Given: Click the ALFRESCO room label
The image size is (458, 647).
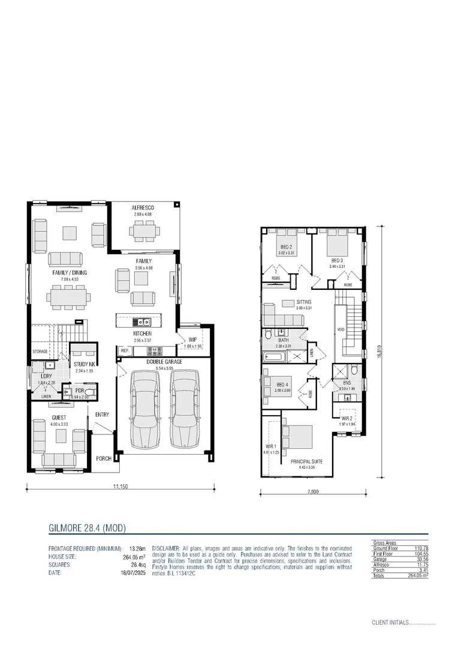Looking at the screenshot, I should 143,208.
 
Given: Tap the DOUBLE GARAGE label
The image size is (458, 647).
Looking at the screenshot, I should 164,362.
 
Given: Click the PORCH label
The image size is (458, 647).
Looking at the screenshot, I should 104,458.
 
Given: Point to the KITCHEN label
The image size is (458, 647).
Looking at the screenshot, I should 142,334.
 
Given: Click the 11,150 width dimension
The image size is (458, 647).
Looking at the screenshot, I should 120,486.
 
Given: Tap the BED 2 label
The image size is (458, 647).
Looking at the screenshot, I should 286,247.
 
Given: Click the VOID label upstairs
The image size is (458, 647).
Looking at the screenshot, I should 341,329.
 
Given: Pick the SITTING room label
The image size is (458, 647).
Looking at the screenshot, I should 305,302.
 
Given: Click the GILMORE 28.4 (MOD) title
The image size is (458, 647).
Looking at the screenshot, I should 86,528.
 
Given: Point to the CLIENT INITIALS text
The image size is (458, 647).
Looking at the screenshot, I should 390,623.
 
